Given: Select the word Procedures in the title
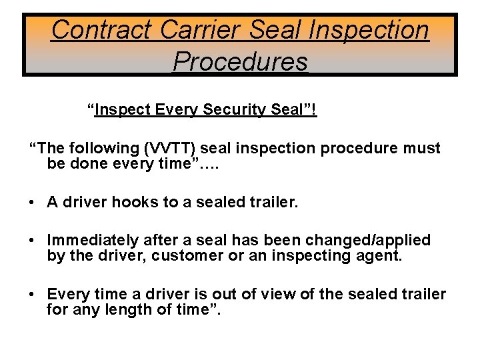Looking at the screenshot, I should tap(240, 61).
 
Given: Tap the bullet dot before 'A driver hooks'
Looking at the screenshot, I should tap(32, 202).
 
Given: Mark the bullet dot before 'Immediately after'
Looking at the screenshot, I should tap(32, 240).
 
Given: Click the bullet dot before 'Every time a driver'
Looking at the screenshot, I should tap(32, 295).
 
